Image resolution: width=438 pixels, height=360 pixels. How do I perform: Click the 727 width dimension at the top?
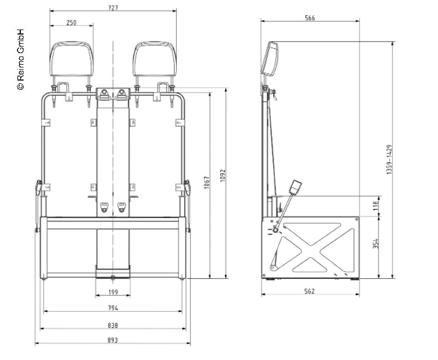(113, 7)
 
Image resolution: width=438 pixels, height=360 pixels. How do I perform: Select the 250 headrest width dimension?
(71, 22)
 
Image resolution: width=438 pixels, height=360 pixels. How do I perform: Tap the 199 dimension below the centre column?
(113, 292)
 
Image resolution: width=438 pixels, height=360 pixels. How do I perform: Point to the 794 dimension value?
(113, 308)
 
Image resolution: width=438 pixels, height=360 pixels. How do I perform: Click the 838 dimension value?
(113, 325)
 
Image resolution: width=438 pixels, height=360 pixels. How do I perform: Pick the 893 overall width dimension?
(113, 340)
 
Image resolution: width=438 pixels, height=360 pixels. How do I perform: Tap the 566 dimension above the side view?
(309, 18)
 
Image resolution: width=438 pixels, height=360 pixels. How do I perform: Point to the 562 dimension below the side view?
(309, 292)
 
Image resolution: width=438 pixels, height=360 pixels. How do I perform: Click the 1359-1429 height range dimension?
(389, 159)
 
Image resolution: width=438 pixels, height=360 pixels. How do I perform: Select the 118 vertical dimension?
(376, 205)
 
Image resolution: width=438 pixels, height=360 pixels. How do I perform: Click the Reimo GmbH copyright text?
(20, 59)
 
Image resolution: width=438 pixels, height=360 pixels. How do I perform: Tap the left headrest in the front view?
(71, 60)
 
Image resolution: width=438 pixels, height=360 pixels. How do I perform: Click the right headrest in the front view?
(154, 60)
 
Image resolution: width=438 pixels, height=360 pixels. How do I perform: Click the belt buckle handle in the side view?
(296, 187)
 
